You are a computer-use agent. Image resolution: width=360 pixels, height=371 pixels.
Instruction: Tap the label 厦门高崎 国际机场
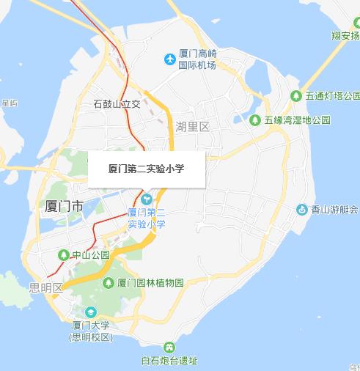(198, 59)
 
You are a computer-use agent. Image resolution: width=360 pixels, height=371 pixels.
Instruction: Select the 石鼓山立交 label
(117, 104)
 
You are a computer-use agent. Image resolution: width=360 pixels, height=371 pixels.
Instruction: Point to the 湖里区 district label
(193, 126)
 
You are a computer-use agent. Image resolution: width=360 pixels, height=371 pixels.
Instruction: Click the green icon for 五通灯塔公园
(296, 96)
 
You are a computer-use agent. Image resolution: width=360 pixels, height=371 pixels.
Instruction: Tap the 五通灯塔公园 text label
(333, 96)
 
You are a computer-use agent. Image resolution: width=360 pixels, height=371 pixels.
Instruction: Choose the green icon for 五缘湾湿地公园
(255, 120)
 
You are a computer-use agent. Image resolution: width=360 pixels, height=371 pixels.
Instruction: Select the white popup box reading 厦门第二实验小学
(146, 169)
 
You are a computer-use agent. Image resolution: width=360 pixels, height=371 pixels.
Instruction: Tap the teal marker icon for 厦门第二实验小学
(147, 199)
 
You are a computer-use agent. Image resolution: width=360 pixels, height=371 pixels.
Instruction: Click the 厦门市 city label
(65, 205)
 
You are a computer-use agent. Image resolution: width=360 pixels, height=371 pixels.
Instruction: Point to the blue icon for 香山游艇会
(301, 210)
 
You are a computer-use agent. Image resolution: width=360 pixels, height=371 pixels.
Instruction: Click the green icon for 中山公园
(63, 255)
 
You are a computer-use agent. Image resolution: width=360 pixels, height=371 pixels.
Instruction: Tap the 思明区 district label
(45, 287)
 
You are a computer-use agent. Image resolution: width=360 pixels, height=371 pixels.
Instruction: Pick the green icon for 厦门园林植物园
(109, 282)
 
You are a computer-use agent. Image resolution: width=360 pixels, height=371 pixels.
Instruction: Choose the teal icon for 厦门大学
(91, 312)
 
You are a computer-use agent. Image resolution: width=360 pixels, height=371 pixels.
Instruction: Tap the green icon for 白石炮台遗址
(170, 347)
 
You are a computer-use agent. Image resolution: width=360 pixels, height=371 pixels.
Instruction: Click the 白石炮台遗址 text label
(169, 360)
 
